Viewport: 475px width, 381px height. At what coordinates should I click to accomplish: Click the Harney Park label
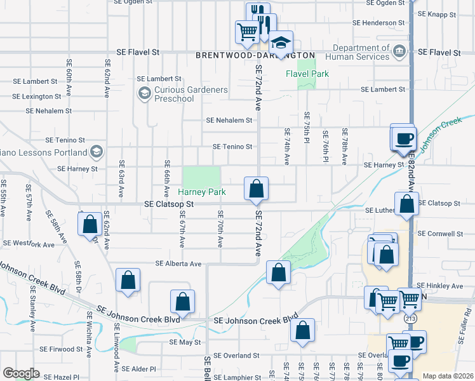tap(202, 192)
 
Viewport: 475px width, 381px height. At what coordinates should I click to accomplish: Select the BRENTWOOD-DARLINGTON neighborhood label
tap(255, 55)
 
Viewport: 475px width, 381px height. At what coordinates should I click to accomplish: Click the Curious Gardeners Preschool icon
tap(144, 94)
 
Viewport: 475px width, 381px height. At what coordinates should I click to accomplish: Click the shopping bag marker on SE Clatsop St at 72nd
tap(257, 189)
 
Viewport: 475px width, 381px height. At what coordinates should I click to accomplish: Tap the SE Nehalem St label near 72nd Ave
tap(229, 120)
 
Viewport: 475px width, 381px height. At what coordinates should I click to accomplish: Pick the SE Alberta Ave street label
tap(179, 264)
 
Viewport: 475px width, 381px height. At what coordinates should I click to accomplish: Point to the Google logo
tap(21, 373)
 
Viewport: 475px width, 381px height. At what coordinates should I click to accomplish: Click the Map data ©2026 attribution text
tap(447, 376)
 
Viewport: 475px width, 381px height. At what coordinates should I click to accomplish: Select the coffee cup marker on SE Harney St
tap(403, 138)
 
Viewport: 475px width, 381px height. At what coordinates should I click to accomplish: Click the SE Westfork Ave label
tap(29, 244)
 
